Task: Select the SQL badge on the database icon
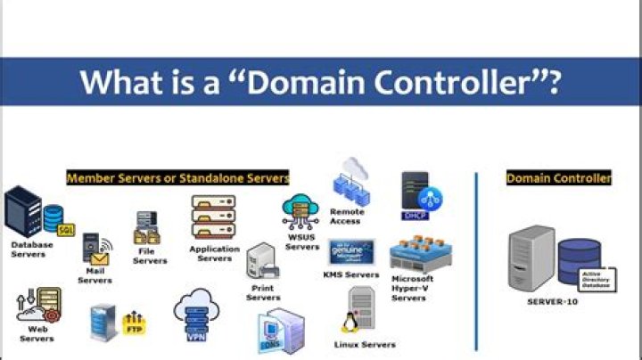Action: tap(65, 230)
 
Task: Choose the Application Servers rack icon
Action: tap(212, 217)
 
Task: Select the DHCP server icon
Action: tap(422, 196)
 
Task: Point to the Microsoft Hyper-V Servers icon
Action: tap(416, 255)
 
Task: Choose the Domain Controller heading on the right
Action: tap(558, 178)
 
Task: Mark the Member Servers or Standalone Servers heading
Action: tap(177, 178)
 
